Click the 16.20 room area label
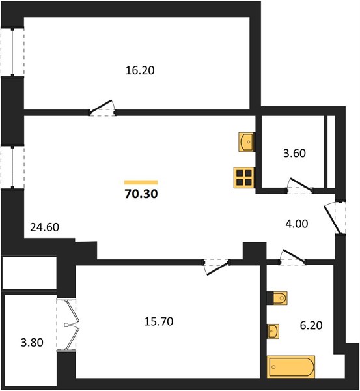point(140,70)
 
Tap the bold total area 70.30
point(141,194)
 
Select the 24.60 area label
point(45,227)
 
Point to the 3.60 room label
point(294,153)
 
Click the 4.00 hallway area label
point(297,224)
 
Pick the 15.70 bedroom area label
point(159,321)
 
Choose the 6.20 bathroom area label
point(311,325)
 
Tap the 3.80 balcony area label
point(32,342)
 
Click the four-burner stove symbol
point(244,177)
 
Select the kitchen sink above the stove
point(247,141)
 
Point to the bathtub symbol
point(291,366)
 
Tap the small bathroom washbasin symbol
point(273,331)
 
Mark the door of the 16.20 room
point(102,108)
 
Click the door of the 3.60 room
point(300,186)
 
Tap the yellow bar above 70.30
point(141,182)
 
